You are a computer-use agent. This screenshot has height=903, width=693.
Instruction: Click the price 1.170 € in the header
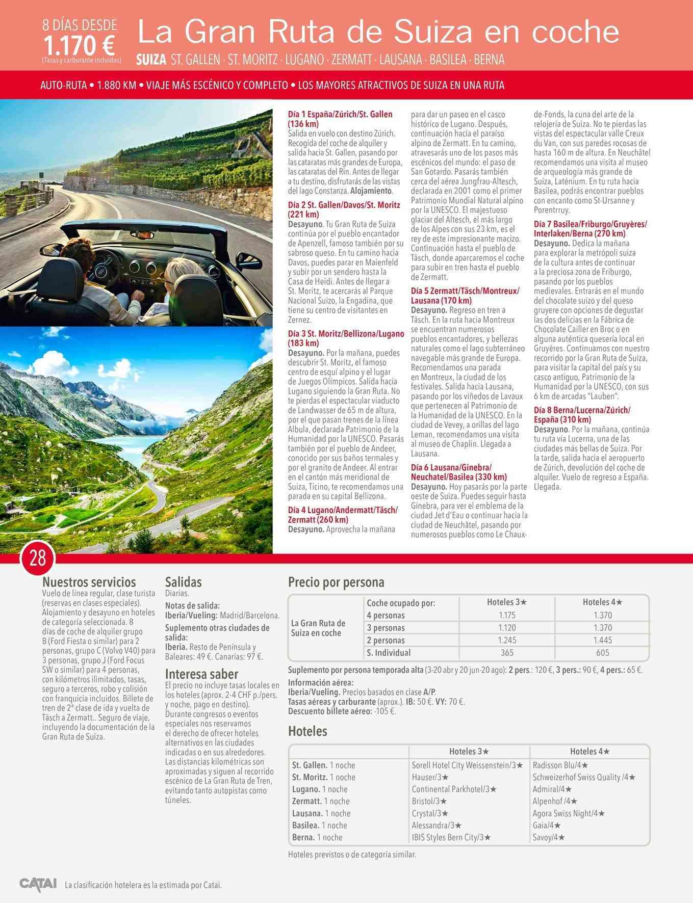coord(79,46)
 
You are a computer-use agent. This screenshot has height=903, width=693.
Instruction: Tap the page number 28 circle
coord(38,559)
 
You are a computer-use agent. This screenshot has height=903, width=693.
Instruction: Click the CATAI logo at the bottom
coord(38,884)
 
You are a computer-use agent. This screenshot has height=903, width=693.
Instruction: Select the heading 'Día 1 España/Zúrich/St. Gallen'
coord(340,114)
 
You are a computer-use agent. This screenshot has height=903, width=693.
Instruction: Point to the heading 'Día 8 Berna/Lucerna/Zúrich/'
coord(582,410)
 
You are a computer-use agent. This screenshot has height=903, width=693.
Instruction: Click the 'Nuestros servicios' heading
coord(89,582)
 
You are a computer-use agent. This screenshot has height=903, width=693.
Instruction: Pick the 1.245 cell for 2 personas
coord(507,640)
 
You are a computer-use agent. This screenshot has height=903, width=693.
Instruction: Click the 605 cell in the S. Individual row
coord(602,653)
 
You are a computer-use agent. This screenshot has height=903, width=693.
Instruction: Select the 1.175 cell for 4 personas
coord(507,615)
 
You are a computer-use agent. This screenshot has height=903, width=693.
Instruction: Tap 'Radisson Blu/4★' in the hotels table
coord(560,765)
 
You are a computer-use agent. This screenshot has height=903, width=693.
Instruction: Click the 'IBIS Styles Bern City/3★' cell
coord(451,837)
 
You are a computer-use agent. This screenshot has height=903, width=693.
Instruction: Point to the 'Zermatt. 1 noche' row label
coord(321,801)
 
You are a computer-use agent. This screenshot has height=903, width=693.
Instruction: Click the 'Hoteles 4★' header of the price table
coord(602,602)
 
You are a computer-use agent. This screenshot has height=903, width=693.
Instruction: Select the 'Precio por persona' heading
coord(336,582)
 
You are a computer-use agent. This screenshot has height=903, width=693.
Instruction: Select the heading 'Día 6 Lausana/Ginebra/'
coord(451,468)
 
